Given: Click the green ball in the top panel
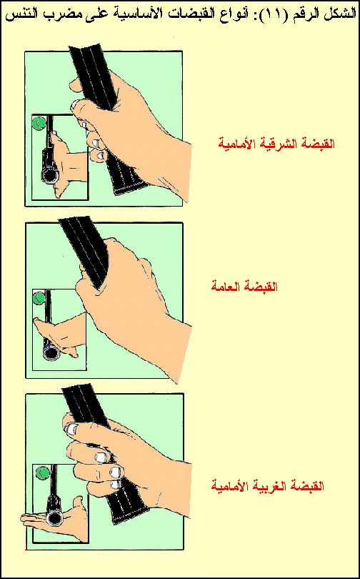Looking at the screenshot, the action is (x=39, y=123).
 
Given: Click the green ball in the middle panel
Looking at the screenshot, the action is (x=39, y=297).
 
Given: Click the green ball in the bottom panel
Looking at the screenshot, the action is (x=44, y=472).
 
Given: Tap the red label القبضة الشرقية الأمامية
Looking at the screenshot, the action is (x=276, y=144).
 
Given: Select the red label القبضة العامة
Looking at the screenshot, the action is (x=244, y=286).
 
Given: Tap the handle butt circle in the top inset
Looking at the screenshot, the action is (x=49, y=175).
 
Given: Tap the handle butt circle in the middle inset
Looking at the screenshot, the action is (x=51, y=354).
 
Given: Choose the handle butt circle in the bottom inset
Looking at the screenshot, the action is (x=54, y=518).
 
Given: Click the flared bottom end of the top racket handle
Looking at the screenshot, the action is (x=131, y=189).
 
